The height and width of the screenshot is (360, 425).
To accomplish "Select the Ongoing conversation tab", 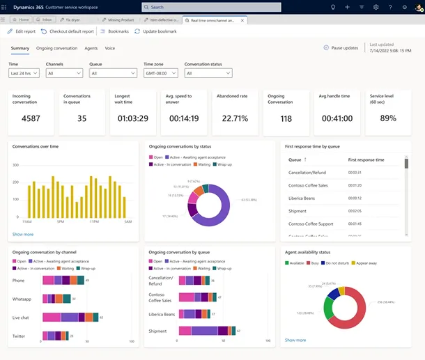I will tap(56, 48).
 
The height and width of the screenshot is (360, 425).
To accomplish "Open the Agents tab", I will tap(91, 48).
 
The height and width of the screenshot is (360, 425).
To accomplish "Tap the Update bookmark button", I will tap(155, 31).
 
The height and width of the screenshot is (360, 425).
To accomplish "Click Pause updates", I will tap(341, 48).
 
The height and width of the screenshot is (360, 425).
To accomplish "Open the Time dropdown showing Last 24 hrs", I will tap(24, 72).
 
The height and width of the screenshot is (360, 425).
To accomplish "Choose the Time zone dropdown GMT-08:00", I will tap(160, 72).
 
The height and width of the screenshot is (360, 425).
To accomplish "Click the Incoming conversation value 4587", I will tap(31, 118).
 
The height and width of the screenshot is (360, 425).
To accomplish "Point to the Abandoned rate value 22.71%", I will tap(235, 118).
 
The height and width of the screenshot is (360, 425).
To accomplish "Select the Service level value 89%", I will tap(387, 118).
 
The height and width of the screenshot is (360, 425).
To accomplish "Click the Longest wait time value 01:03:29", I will tap(133, 118).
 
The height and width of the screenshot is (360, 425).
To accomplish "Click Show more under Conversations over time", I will tap(22, 234).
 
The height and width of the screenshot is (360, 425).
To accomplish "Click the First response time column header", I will tap(366, 159).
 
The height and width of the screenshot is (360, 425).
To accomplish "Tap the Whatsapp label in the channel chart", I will tap(22, 298).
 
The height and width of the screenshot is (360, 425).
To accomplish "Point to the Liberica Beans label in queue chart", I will tap(161, 314).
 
